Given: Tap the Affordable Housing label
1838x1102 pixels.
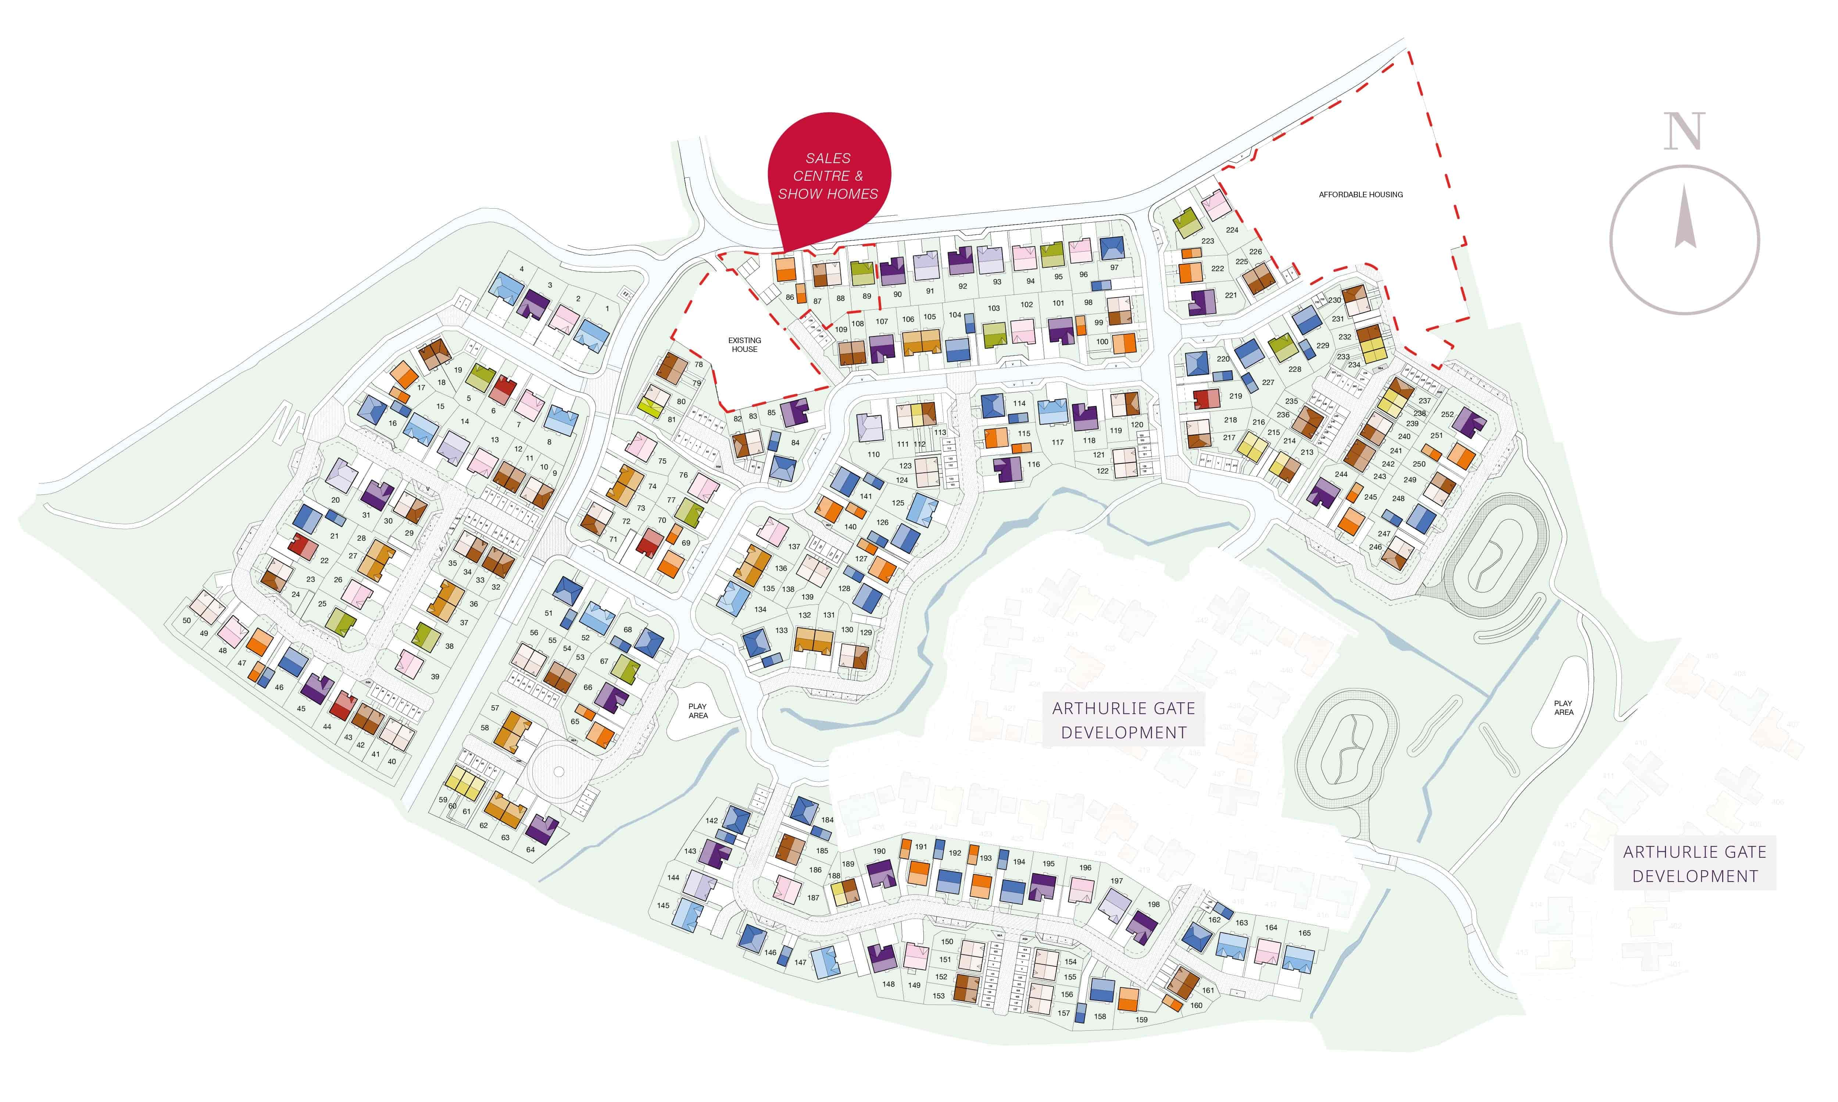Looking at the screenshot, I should point(1360,195).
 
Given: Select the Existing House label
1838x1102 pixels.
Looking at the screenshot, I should point(744,345).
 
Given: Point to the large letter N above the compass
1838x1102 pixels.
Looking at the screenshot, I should point(1684,132).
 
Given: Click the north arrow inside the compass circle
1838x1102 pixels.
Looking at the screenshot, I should point(1684,219).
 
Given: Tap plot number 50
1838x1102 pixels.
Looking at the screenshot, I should point(186,621).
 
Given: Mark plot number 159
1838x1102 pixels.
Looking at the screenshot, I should point(1141,1020).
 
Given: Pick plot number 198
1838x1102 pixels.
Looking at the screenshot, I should point(1153,904).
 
